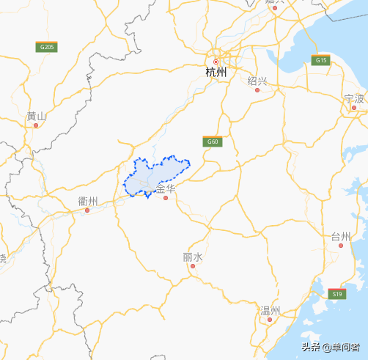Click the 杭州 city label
(216, 73)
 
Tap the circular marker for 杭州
(216, 61)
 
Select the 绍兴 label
(257, 80)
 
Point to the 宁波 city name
(354, 98)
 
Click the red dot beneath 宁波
(354, 108)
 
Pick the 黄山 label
(36, 116)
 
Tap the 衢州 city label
(88, 200)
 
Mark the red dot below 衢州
(87, 210)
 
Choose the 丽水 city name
(193, 257)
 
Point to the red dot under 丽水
(193, 267)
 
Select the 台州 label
(341, 235)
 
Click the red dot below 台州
(341, 246)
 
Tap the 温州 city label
(271, 311)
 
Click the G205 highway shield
(47, 47)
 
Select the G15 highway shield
(321, 60)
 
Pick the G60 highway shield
(213, 142)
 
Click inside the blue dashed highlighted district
(155, 174)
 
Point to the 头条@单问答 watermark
(332, 348)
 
